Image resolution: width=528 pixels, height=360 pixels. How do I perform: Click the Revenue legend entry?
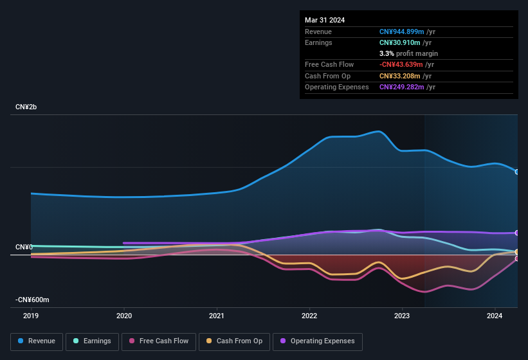tap(37, 341)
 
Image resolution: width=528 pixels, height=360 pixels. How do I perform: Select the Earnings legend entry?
tap(92, 341)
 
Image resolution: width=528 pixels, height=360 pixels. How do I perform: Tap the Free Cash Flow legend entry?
tap(159, 341)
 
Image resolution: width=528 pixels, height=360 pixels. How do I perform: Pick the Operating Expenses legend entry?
tap(317, 341)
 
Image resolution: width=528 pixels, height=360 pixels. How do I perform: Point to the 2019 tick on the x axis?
tap(31, 316)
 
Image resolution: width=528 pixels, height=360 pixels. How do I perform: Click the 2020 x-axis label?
tap(124, 316)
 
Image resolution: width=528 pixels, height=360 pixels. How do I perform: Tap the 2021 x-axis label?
tap(217, 316)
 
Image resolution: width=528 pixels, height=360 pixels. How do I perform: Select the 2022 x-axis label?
tap(309, 316)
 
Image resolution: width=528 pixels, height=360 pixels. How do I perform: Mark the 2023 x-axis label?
tap(402, 316)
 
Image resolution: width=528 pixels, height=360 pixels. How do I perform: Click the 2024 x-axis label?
tap(495, 316)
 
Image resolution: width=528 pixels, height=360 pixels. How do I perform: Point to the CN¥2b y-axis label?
tap(26, 107)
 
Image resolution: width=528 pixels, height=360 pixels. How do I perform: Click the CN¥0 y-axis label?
tap(24, 248)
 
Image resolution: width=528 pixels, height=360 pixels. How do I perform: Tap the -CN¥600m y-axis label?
tap(33, 300)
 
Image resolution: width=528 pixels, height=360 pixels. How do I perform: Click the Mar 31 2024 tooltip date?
tap(325, 20)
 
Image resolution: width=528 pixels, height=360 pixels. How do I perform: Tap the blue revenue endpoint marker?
tap(517, 172)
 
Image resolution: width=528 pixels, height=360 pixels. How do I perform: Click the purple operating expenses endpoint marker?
tap(517, 233)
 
